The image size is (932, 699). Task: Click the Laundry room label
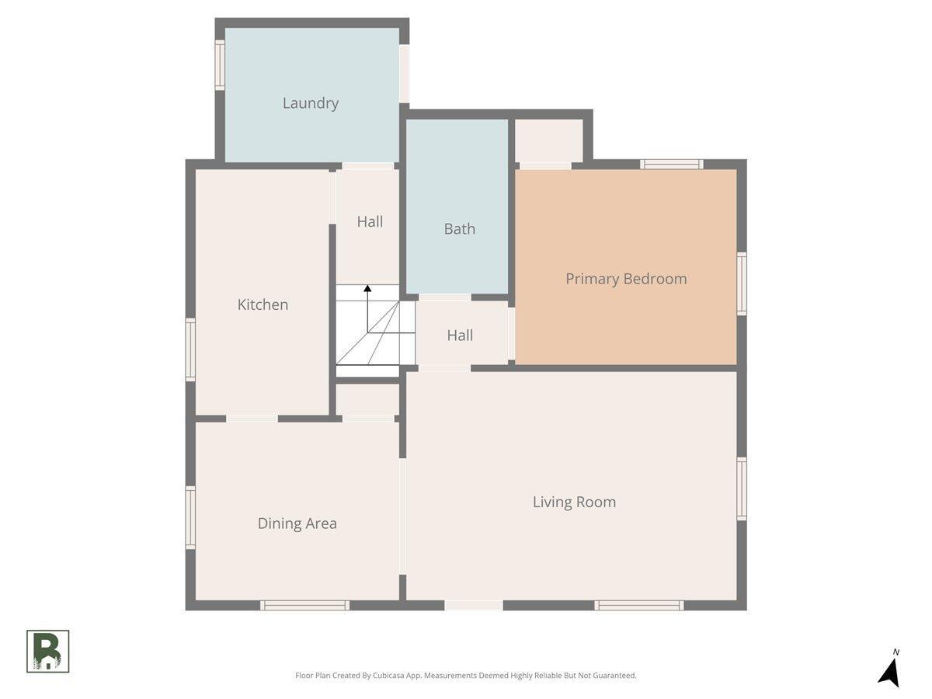[x=311, y=103]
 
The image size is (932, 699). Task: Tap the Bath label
[x=460, y=229]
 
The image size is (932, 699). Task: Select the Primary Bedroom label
[x=626, y=279]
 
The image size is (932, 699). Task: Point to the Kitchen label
[x=263, y=304]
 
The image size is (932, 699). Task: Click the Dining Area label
[x=297, y=523]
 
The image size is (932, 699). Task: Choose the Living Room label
[x=574, y=502]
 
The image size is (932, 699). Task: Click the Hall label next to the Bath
[x=370, y=221]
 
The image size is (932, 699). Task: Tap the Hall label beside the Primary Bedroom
[x=460, y=336]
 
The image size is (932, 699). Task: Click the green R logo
[x=48, y=652]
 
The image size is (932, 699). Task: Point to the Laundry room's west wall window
[x=220, y=65]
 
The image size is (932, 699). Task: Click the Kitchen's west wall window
[x=190, y=349]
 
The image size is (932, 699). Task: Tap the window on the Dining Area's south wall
[x=304, y=605]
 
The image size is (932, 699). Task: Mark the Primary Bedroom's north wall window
[x=672, y=164]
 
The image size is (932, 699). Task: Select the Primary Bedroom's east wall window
[x=742, y=284]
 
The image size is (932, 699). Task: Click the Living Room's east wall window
[x=742, y=489]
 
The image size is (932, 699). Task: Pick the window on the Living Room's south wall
[x=639, y=605]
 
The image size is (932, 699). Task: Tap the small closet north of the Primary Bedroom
[x=549, y=141]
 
